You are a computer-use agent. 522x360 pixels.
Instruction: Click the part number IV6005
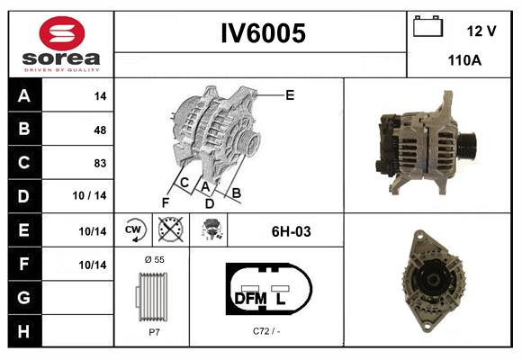(x=263, y=33)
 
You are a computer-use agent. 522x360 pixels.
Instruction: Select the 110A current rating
(x=463, y=61)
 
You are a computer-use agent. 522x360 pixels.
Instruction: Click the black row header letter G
(x=24, y=297)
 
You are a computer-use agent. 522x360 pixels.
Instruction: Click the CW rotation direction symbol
(x=133, y=230)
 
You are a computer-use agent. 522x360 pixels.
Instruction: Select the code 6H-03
(x=291, y=231)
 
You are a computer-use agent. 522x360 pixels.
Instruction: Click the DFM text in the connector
(x=249, y=297)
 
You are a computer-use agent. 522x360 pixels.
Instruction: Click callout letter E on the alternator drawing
(x=290, y=94)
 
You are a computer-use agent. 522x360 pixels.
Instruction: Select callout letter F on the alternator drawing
(x=165, y=202)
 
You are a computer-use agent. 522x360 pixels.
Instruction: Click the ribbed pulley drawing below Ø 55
(x=150, y=296)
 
